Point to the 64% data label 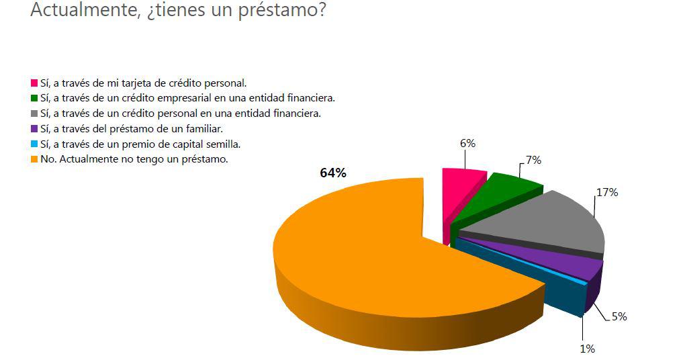332,173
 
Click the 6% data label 467,143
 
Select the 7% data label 533,160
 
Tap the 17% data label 606,193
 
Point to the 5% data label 619,316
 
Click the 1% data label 587,349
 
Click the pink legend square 34,83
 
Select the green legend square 34,99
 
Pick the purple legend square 34,129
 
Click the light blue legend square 34,144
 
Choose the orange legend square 34,160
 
